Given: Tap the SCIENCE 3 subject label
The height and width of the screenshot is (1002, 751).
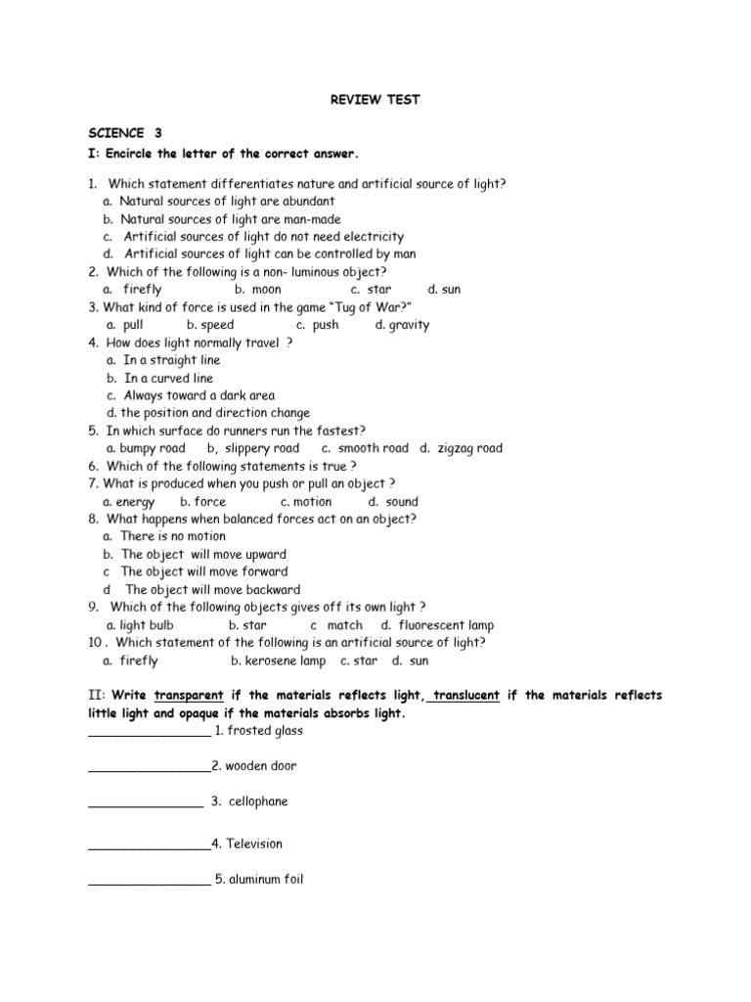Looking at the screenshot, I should tap(124, 132).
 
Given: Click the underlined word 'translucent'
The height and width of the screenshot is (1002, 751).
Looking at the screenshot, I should tap(466, 696).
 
